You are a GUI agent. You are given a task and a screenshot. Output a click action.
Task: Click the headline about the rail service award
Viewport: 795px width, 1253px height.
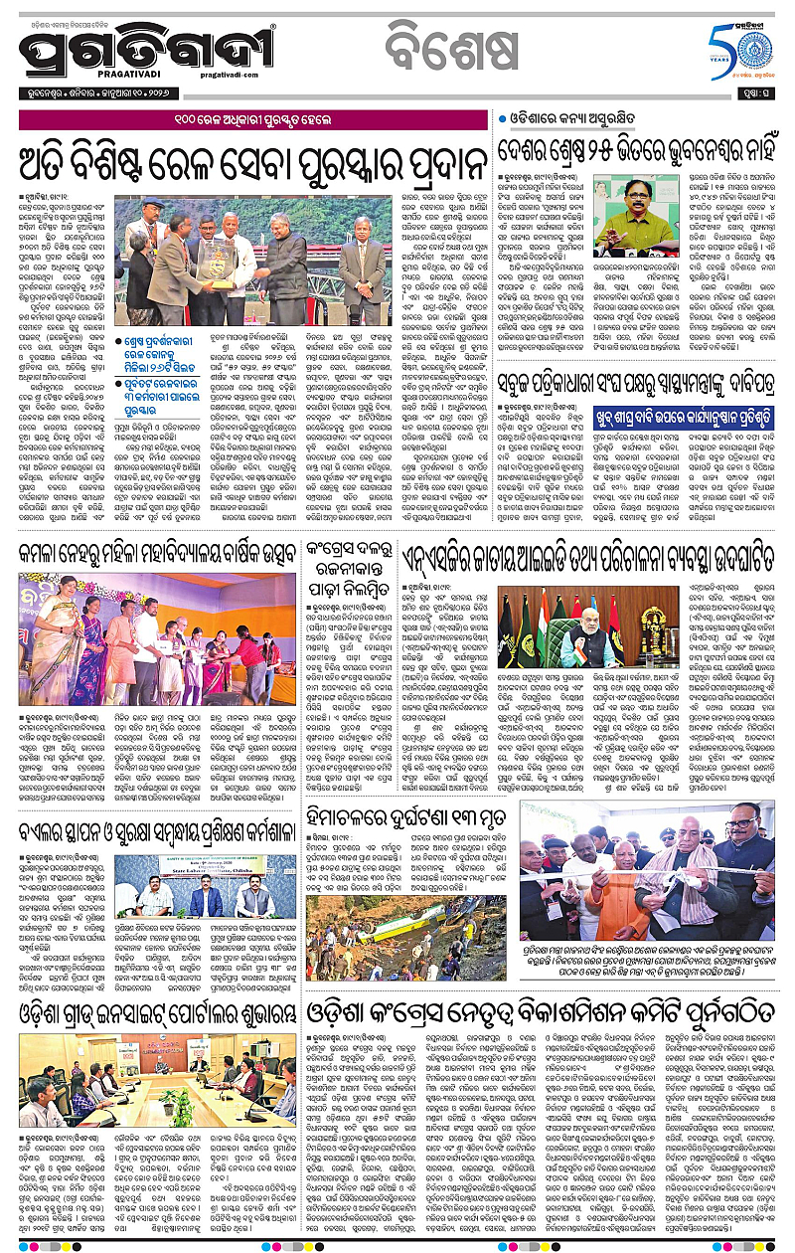[246, 159]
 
